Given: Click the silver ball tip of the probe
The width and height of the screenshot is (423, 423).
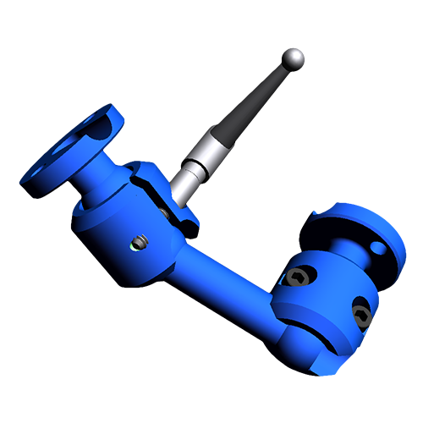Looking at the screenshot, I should click(x=293, y=58).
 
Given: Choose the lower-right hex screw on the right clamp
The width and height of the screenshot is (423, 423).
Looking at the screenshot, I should click(x=360, y=315).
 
